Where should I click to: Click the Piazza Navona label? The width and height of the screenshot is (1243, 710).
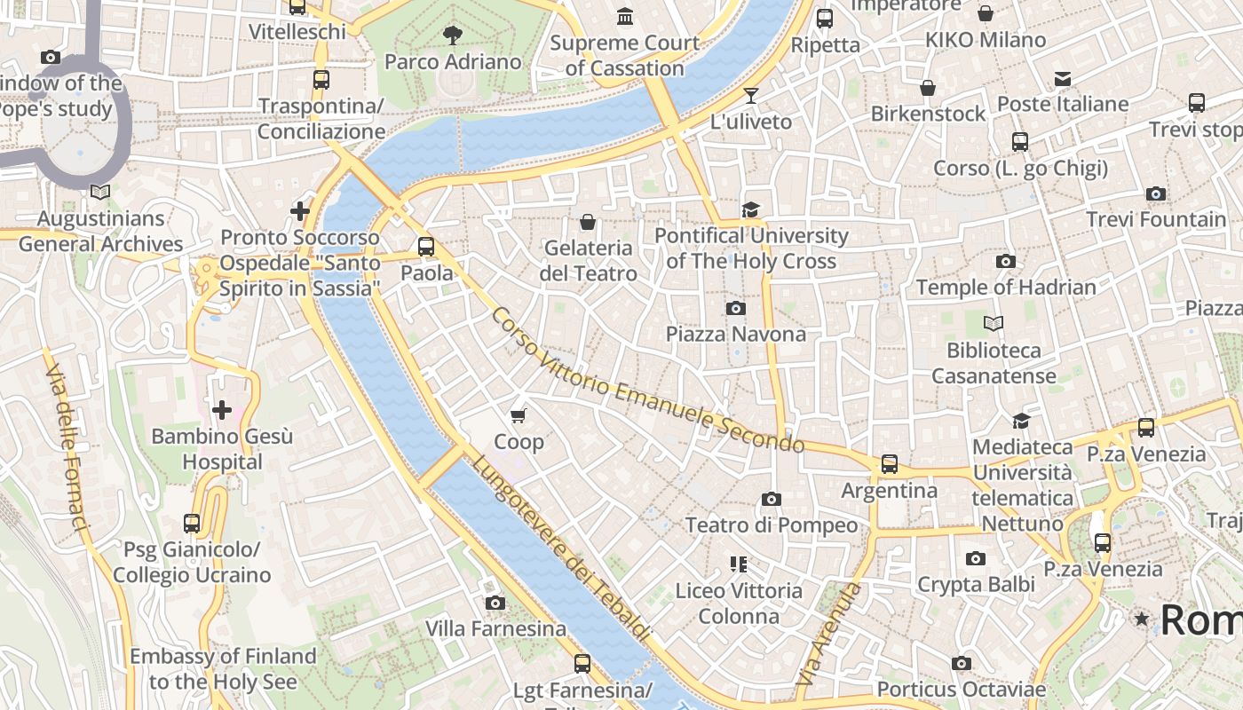pyautogui.click(x=736, y=335)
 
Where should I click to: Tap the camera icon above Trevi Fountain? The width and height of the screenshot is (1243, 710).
pyautogui.click(x=1155, y=193)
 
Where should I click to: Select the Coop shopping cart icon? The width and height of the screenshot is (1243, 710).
pyautogui.click(x=519, y=414)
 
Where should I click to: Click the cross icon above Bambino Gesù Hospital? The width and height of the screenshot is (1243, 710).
pyautogui.click(x=222, y=409)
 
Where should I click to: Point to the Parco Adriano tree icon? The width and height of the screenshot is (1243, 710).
pyautogui.click(x=453, y=35)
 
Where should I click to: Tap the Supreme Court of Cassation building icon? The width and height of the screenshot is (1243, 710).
pyautogui.click(x=625, y=16)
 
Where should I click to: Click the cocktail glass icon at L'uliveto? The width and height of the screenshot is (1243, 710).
pyautogui.click(x=751, y=95)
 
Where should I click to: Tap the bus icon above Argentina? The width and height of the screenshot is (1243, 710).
pyautogui.click(x=889, y=463)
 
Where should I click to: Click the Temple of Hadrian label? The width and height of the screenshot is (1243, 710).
pyautogui.click(x=1006, y=288)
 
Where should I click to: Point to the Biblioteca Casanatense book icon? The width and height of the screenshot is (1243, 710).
pyautogui.click(x=994, y=324)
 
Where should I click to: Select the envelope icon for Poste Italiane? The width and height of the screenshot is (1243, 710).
pyautogui.click(x=1063, y=78)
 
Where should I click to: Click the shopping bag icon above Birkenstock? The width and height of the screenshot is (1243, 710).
pyautogui.click(x=928, y=88)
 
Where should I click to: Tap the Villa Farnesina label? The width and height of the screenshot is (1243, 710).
pyautogui.click(x=495, y=629)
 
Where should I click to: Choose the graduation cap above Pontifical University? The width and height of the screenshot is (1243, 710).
pyautogui.click(x=751, y=209)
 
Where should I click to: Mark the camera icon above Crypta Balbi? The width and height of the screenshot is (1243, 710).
pyautogui.click(x=976, y=558)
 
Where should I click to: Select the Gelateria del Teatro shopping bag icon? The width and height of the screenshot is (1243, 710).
pyautogui.click(x=587, y=221)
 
